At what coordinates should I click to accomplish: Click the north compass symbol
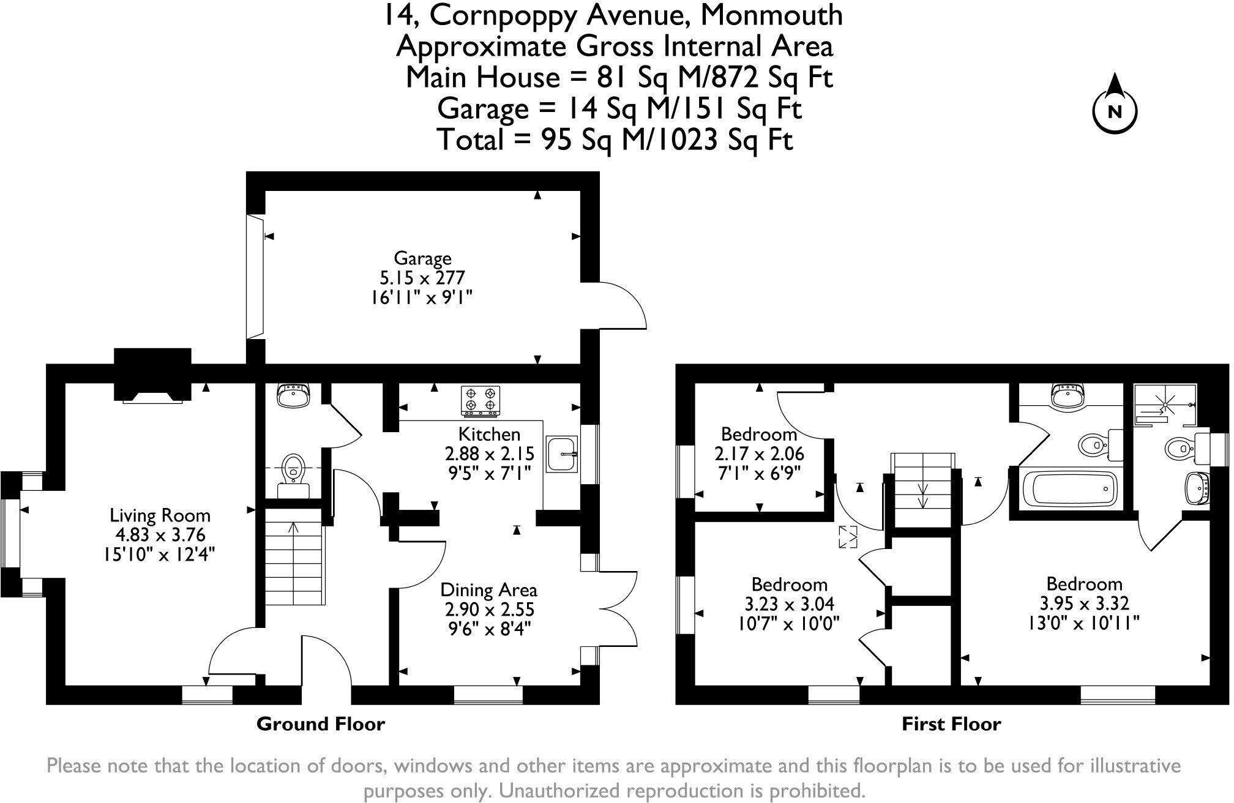[x=1114, y=112]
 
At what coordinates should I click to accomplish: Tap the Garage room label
[x=422, y=258]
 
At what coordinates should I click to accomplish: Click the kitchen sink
[x=561, y=454]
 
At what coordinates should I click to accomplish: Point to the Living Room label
[x=160, y=515]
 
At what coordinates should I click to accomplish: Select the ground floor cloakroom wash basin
[x=294, y=395]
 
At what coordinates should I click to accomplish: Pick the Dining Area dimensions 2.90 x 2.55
[x=489, y=610]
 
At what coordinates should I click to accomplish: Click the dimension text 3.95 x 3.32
[x=1084, y=603]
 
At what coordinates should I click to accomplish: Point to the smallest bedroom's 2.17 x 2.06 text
[x=759, y=454]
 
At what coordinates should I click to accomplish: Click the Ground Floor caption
[x=321, y=724]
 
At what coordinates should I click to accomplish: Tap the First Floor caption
[x=951, y=724]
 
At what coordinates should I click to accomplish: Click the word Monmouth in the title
[x=771, y=15]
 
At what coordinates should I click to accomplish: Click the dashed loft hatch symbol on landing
[x=849, y=537]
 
